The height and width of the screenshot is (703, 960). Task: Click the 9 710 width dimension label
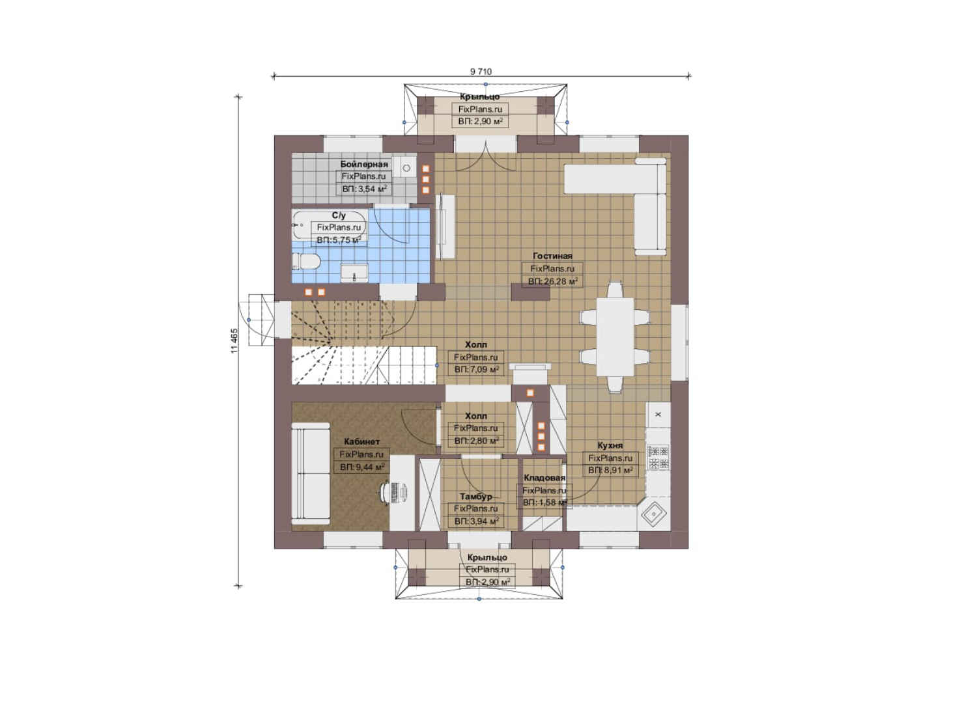[481, 72]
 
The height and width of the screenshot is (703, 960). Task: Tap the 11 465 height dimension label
[234, 341]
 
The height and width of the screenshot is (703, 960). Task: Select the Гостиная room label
[552, 256]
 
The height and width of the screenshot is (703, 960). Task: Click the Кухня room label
[610, 445]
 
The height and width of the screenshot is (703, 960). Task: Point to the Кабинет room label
[361, 441]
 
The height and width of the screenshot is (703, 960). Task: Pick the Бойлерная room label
[364, 164]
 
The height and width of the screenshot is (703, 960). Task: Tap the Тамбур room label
[475, 497]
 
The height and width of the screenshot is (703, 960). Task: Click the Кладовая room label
[544, 478]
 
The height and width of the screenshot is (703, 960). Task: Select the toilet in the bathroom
[305, 261]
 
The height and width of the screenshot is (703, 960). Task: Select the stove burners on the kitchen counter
[658, 458]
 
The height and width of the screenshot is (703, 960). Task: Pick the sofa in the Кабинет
[311, 473]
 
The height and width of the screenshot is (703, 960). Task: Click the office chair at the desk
[391, 492]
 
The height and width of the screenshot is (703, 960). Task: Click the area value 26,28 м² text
[553, 281]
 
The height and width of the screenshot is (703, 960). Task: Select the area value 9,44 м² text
[362, 467]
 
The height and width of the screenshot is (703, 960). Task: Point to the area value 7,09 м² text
[476, 369]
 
